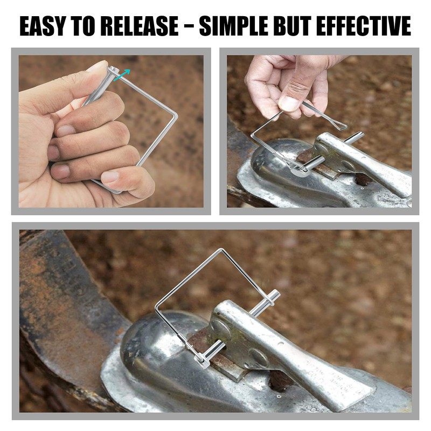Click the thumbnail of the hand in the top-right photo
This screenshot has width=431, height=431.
point(289,102)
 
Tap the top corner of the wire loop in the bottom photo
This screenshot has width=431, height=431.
point(221,250)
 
